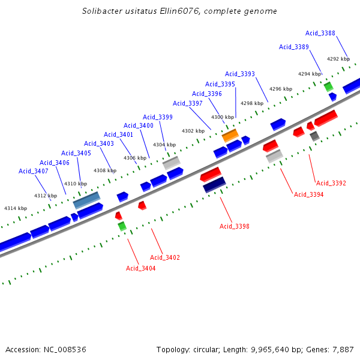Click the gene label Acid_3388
point(320,33)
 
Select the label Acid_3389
point(294,47)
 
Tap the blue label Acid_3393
point(240,74)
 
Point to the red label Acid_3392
point(331,183)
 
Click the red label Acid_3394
point(308,194)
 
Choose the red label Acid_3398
point(234,226)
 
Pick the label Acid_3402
point(165,257)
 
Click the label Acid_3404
point(140,268)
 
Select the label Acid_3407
point(34,171)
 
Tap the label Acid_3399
point(158,117)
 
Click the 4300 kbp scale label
point(223,117)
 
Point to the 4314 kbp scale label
point(16,208)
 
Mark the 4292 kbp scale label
point(338,59)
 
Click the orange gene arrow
point(230,136)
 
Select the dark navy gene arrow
point(214,185)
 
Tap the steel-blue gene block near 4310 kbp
point(86,200)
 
